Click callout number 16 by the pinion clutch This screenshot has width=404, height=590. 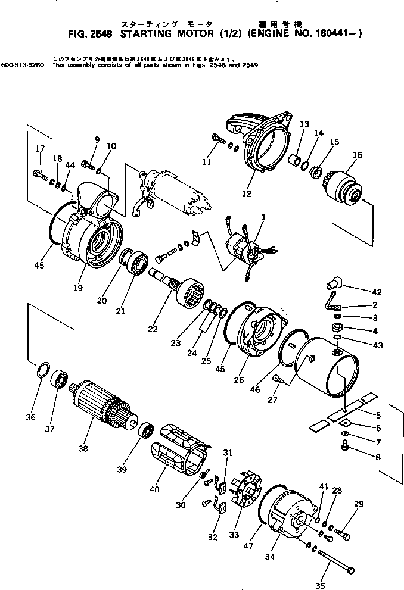click(x=357, y=155)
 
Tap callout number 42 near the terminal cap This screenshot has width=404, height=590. click(x=376, y=292)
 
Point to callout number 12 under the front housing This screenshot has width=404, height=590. click(x=247, y=193)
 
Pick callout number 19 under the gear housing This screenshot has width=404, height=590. click(x=78, y=288)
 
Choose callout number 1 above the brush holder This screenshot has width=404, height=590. click(x=263, y=216)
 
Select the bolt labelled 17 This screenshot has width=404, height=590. click(x=40, y=173)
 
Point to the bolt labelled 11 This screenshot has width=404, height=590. click(x=218, y=140)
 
